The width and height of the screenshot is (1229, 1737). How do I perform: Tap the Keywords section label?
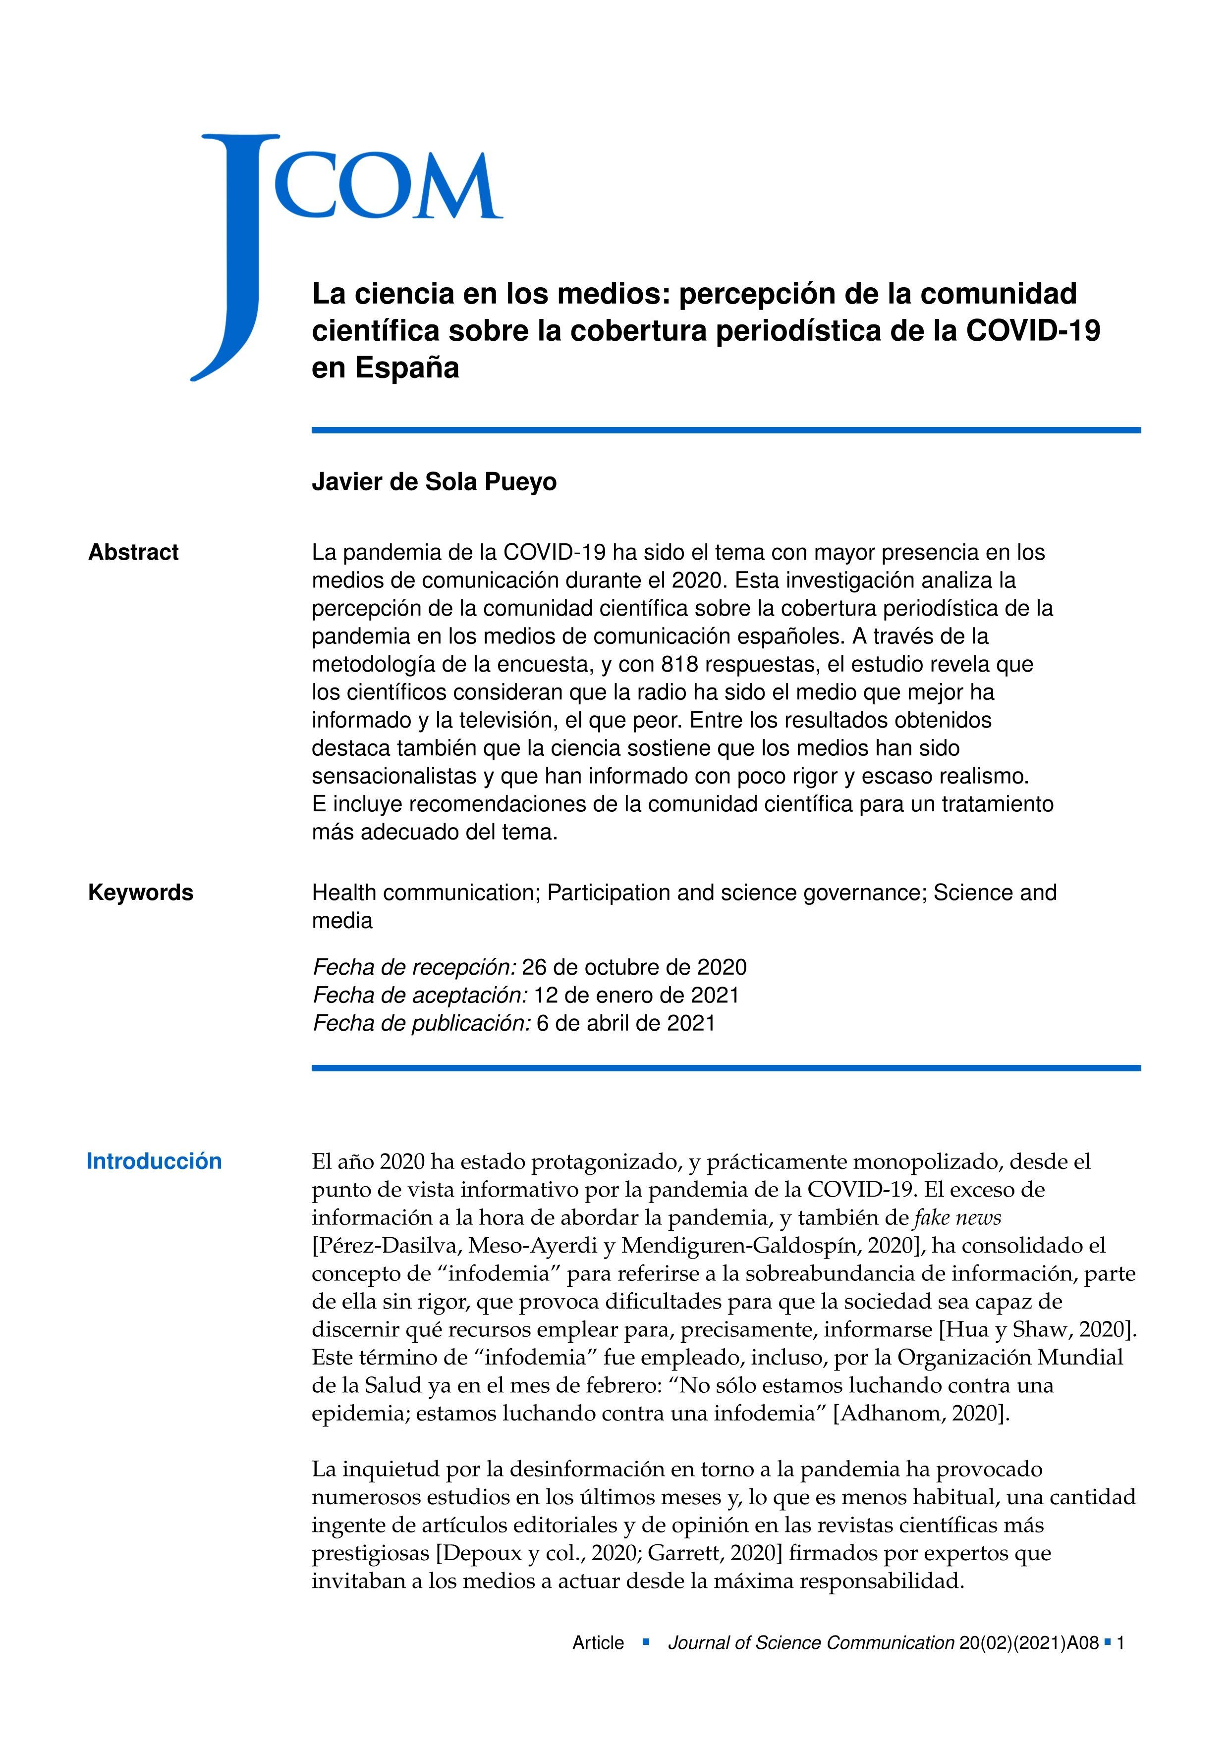click(141, 893)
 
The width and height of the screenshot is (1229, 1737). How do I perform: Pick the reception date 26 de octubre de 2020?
click(634, 968)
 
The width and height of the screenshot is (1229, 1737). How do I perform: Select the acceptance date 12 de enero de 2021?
click(636, 996)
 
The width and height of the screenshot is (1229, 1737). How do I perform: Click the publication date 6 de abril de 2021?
click(626, 1024)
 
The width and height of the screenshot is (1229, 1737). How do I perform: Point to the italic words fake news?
click(957, 1218)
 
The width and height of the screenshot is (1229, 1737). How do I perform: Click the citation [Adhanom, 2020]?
click(921, 1413)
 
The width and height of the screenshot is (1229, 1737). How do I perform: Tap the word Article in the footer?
click(598, 1643)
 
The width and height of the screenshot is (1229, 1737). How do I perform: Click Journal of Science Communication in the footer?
click(811, 1643)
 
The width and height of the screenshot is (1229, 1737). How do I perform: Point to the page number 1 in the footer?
click(1121, 1643)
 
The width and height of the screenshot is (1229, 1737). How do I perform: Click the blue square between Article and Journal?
click(646, 1642)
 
